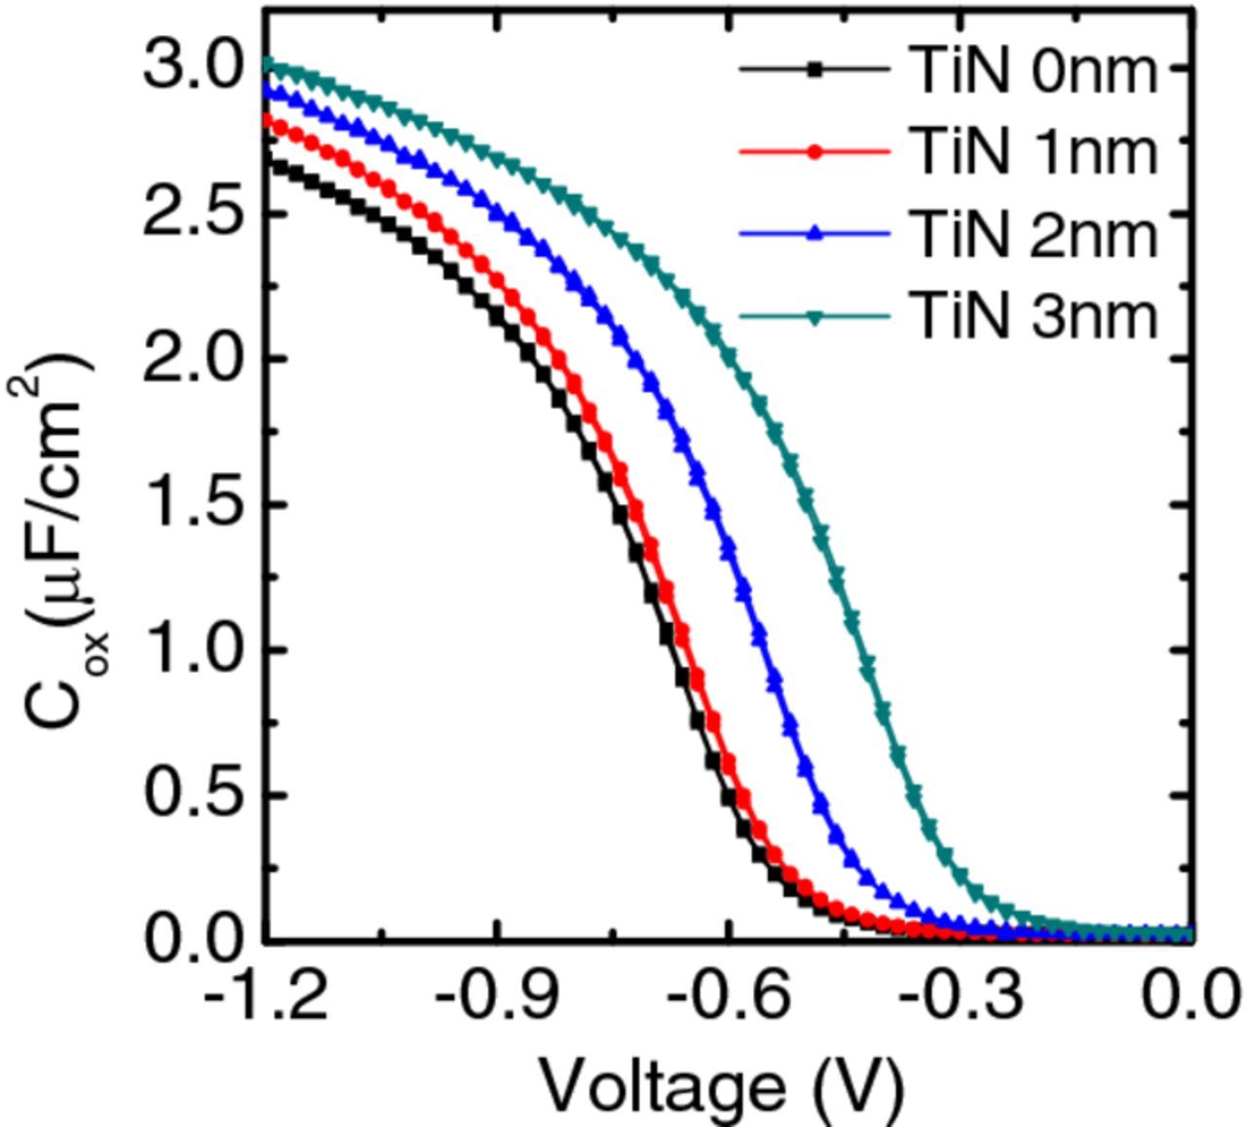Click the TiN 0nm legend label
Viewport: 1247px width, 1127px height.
[x=1036, y=70]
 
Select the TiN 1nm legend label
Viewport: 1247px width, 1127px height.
[x=1036, y=152]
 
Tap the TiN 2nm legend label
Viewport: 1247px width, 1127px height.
[x=1036, y=234]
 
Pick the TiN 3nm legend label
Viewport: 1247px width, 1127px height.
[x=1036, y=316]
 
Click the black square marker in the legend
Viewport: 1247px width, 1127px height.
[x=814, y=69]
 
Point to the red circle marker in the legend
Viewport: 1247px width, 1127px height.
[x=814, y=152]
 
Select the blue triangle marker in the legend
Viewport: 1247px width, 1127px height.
[x=814, y=234]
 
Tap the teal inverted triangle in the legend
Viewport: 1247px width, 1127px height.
[x=814, y=317]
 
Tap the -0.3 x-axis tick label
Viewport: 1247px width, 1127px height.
[x=961, y=996]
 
